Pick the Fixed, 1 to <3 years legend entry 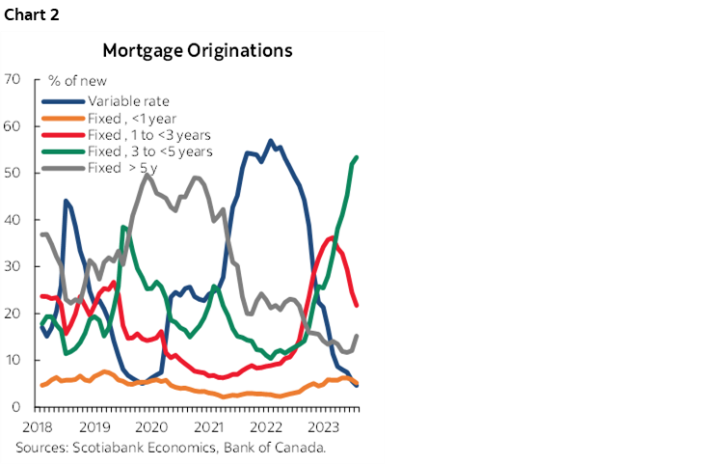(x=149, y=134)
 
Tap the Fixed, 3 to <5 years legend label (x=149, y=150)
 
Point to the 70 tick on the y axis (x=13, y=78)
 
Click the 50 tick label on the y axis (x=13, y=173)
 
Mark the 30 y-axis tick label (x=13, y=266)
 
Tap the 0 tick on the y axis (x=17, y=407)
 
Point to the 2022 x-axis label (x=265, y=426)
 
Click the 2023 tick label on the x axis (x=322, y=426)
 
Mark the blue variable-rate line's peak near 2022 (x=270, y=141)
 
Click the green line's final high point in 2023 (x=358, y=157)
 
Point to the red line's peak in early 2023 (x=332, y=237)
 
